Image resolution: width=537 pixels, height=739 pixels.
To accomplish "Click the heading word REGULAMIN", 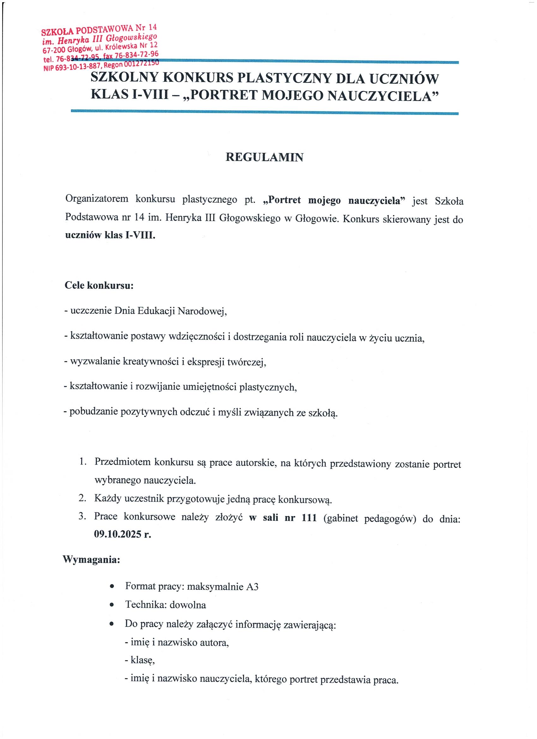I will click(x=264, y=157).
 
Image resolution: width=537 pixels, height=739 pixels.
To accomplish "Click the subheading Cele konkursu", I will click(x=99, y=285).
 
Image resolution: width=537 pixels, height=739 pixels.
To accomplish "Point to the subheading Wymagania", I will click(x=92, y=559).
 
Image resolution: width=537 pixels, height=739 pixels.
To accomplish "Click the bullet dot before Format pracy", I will click(x=112, y=587).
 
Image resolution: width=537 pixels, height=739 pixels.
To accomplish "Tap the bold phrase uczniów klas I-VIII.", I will click(x=110, y=235).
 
